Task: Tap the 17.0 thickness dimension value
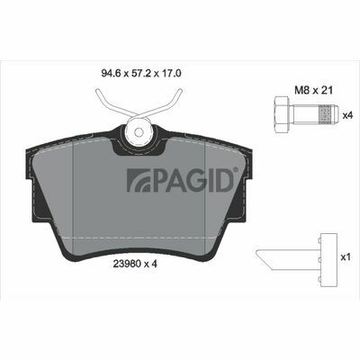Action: (171, 74)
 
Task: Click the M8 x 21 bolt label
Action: (313, 90)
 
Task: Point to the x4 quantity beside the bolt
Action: (347, 115)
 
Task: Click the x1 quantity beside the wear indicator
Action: (346, 257)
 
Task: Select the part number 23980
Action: (127, 264)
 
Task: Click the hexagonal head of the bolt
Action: (282, 115)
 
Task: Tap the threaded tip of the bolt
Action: (328, 115)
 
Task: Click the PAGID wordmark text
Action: (193, 180)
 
